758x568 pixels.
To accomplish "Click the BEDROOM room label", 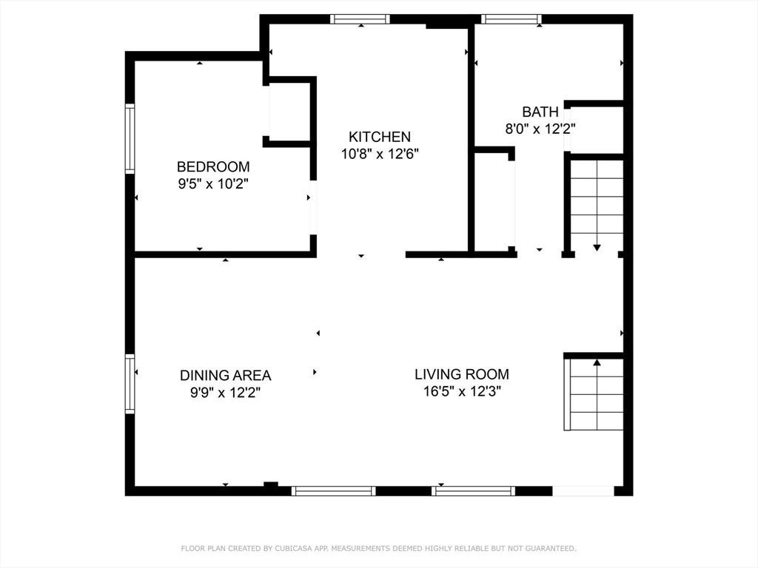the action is click(x=213, y=166).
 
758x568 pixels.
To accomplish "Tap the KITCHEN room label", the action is click(x=380, y=137).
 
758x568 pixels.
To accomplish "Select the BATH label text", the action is click(x=540, y=112).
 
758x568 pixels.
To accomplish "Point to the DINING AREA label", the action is click(x=225, y=375).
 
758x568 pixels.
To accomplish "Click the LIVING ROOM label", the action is click(x=462, y=374).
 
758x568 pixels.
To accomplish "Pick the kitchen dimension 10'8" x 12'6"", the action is click(x=380, y=154).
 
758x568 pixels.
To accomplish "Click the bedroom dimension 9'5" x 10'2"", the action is click(x=213, y=184).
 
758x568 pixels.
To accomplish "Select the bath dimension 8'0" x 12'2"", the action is click(x=540, y=129).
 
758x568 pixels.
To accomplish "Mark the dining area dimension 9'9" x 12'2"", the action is click(x=225, y=393).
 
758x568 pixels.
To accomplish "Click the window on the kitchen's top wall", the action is click(x=360, y=19).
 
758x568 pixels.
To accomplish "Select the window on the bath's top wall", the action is click(x=512, y=19).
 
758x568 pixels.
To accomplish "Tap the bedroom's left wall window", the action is click(x=130, y=138).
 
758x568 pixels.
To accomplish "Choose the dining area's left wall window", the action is click(x=130, y=384).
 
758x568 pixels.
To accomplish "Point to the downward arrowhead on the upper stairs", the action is click(x=597, y=248).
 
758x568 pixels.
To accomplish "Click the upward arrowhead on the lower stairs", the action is click(x=597, y=362).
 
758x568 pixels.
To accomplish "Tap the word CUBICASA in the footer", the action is click(x=295, y=549).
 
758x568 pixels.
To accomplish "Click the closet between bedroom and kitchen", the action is click(x=290, y=112).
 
